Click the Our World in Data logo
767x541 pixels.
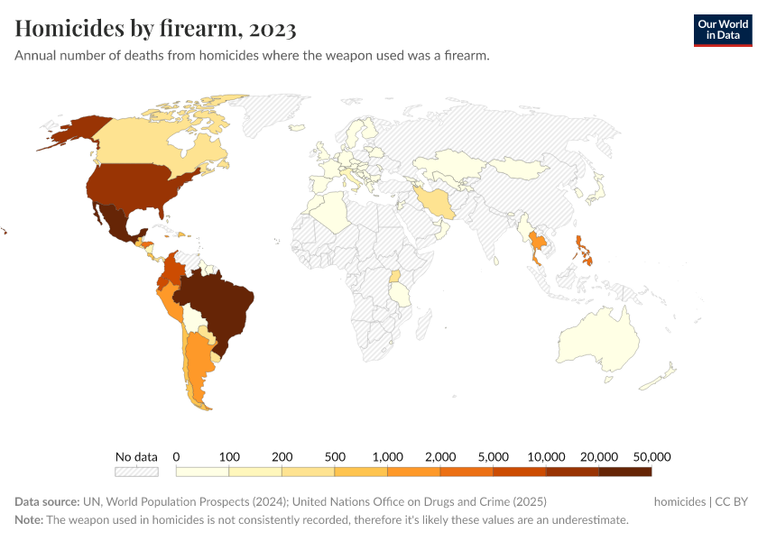click(x=722, y=29)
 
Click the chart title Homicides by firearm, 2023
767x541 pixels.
click(x=155, y=29)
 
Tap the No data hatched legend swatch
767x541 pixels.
click(x=136, y=471)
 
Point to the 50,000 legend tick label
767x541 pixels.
click(x=651, y=456)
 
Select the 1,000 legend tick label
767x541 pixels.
click(x=387, y=456)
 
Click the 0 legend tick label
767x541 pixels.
click(x=177, y=456)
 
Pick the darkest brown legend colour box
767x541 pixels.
click(x=624, y=471)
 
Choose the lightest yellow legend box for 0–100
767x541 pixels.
click(x=203, y=471)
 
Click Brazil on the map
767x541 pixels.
click(x=217, y=307)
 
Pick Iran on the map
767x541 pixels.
click(x=436, y=201)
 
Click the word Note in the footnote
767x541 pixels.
click(x=29, y=520)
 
